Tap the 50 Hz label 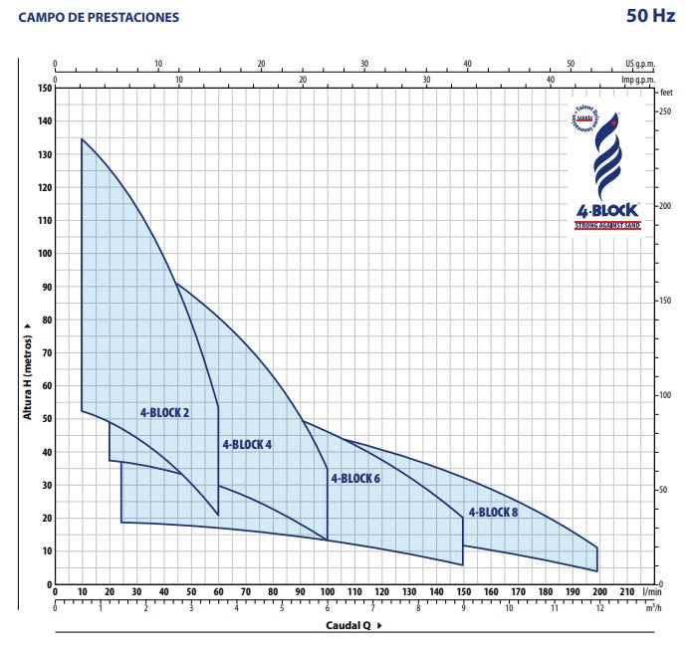(x=651, y=17)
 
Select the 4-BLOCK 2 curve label (x=164, y=411)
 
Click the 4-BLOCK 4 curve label (x=247, y=444)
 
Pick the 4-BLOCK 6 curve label (x=355, y=478)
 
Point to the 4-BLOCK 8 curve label (x=493, y=512)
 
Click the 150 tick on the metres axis (x=44, y=88)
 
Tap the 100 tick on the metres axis (x=44, y=253)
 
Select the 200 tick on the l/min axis (x=598, y=592)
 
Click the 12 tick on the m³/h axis (x=598, y=608)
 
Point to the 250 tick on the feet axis (x=666, y=110)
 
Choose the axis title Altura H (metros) (x=27, y=367)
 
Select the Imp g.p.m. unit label (x=641, y=80)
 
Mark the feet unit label (x=666, y=91)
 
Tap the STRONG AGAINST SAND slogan (x=606, y=226)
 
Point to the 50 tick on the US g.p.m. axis (x=571, y=64)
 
